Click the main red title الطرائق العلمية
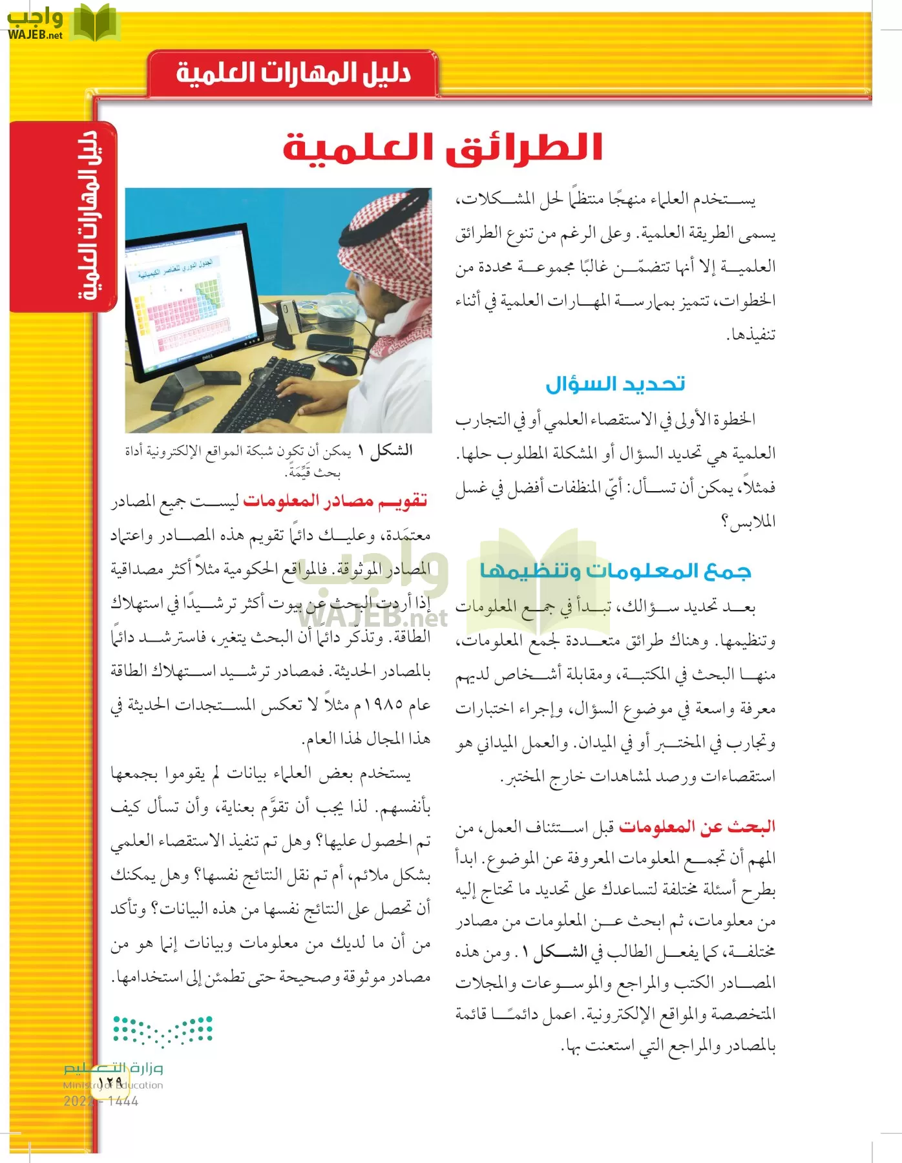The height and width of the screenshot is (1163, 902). [x=443, y=147]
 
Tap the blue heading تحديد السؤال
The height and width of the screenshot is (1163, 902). [x=615, y=384]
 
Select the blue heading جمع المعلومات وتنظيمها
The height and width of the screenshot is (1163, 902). [x=615, y=571]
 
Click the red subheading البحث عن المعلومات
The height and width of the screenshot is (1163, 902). [x=697, y=826]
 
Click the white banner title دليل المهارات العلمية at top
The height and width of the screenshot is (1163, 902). [x=293, y=73]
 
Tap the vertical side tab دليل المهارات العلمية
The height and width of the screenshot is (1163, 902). [x=89, y=216]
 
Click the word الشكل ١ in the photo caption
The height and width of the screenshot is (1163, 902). [x=391, y=451]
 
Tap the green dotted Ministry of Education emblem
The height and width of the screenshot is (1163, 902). [x=163, y=1031]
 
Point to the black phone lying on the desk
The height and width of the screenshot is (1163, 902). [x=330, y=342]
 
